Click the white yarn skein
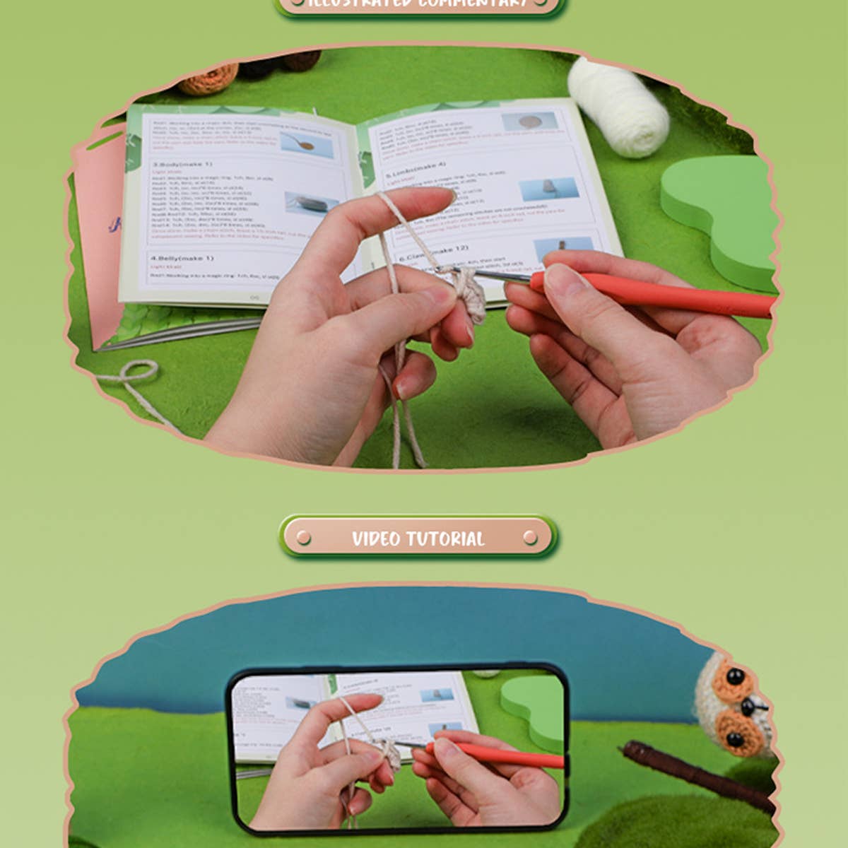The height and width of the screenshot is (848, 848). [618, 106]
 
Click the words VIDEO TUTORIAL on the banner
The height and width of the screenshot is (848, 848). [418, 538]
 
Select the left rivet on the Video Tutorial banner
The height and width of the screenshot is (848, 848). [304, 538]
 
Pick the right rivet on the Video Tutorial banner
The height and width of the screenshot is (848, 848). [531, 538]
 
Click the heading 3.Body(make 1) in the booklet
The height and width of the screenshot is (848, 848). [182, 164]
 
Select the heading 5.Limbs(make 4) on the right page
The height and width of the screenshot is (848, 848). [416, 170]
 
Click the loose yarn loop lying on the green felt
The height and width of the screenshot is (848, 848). [138, 372]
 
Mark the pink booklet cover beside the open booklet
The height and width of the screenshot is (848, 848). [99, 233]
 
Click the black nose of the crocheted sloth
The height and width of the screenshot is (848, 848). [753, 705]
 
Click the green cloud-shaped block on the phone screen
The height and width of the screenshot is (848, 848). [534, 707]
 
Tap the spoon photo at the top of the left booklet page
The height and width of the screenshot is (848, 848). [307, 143]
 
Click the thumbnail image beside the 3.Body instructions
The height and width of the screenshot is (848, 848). [311, 204]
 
